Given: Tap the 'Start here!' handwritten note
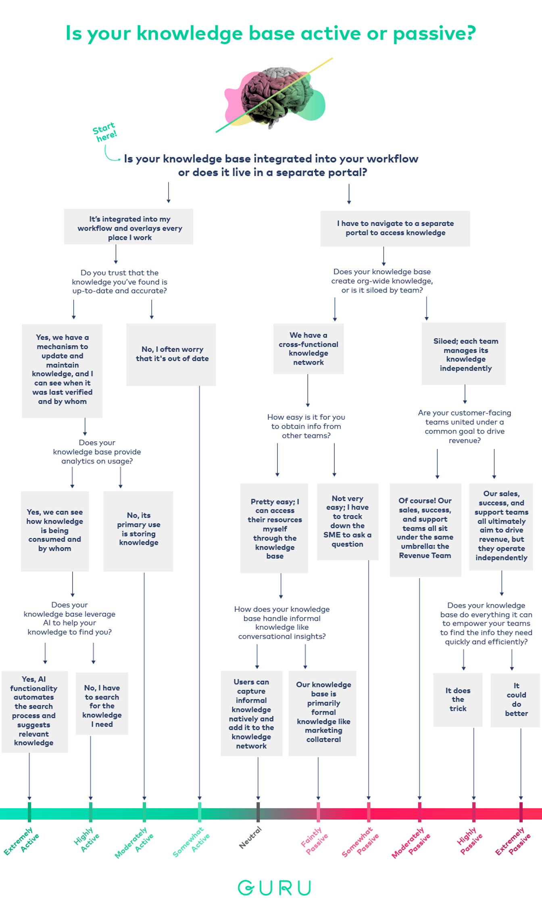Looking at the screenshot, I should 104,132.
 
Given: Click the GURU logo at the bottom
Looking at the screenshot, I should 274,887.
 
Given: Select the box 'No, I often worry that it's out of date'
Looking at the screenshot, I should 171,354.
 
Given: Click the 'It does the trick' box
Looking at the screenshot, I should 458,699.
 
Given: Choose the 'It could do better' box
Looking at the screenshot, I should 516,699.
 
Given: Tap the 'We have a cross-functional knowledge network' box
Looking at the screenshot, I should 309,348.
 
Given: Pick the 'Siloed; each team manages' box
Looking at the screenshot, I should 464,354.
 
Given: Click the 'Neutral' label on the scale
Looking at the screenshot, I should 250,837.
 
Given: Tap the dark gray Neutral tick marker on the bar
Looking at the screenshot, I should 258,812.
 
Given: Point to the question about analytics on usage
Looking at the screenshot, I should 97,452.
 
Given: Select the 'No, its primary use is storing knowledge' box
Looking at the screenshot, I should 138,529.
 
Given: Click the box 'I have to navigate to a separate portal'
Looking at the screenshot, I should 395,228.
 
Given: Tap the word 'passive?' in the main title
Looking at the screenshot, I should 434,33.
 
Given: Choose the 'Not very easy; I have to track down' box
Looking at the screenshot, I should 348,521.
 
